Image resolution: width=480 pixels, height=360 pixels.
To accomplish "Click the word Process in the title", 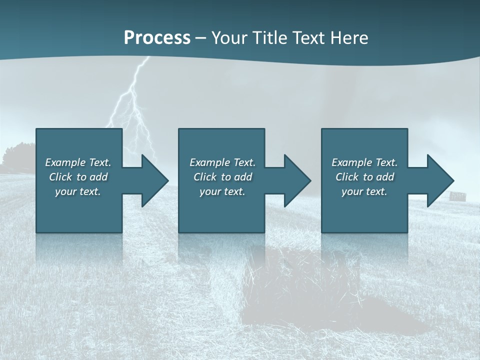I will [x=157, y=37].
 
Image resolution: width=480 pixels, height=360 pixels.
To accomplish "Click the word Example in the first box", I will [x=65, y=162].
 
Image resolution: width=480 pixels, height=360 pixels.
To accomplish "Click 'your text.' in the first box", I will [x=78, y=191].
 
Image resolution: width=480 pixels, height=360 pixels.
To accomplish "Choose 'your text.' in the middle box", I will [x=222, y=191].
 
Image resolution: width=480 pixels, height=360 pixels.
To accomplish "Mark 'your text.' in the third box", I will [x=364, y=191].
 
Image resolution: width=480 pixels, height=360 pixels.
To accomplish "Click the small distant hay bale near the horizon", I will [x=456, y=195].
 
